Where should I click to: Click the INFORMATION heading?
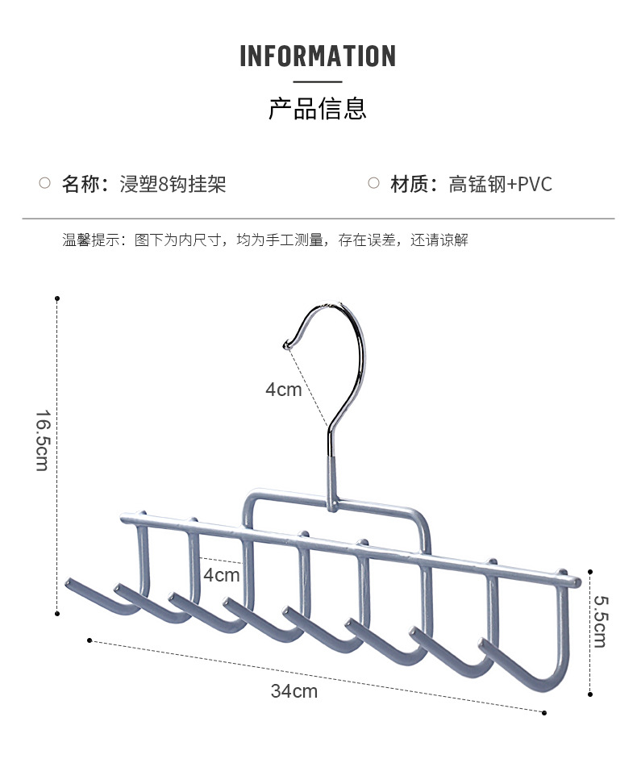(x=318, y=56)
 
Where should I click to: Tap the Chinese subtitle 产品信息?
(x=318, y=108)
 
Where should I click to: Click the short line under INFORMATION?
(x=318, y=81)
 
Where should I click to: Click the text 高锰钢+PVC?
(x=501, y=184)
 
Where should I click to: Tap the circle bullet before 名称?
(x=45, y=184)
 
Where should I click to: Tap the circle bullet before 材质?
(x=373, y=184)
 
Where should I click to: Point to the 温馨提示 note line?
(x=265, y=240)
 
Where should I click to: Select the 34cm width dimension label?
(x=294, y=691)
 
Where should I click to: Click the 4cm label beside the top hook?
(x=283, y=390)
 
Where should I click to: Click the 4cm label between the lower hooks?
(x=221, y=575)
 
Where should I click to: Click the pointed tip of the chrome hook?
(x=285, y=345)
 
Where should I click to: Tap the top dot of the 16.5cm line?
(x=57, y=298)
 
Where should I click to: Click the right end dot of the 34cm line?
(x=544, y=712)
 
